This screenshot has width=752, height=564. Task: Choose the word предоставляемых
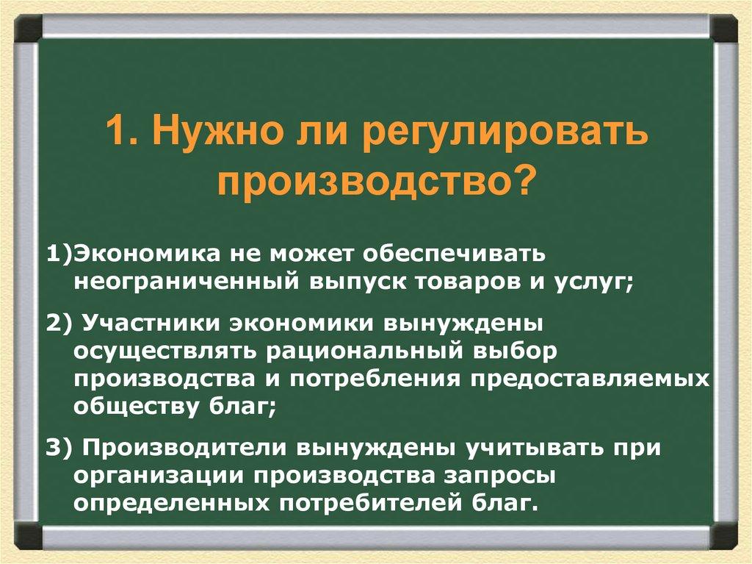coord(592,379)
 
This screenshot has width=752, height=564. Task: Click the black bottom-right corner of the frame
coord(723,535)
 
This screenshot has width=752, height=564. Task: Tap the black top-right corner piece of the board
coord(723,27)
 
